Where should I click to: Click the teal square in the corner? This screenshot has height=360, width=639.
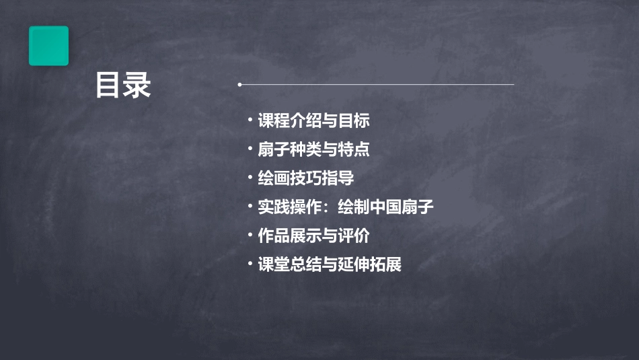tap(48, 46)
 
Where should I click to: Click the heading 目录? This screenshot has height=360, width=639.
tap(122, 86)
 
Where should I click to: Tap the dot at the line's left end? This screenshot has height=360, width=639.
tap(239, 85)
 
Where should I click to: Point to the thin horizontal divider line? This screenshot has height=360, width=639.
tap(377, 85)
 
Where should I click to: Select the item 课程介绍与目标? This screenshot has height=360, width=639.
tap(313, 121)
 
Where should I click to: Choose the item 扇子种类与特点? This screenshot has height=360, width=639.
tap(313, 149)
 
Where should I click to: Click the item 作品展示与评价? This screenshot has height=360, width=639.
tap(313, 236)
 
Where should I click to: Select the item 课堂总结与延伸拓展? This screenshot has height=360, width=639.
tap(330, 264)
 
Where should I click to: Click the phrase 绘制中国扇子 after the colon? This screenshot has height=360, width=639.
tap(385, 207)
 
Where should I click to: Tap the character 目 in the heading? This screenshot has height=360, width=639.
tap(108, 86)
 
